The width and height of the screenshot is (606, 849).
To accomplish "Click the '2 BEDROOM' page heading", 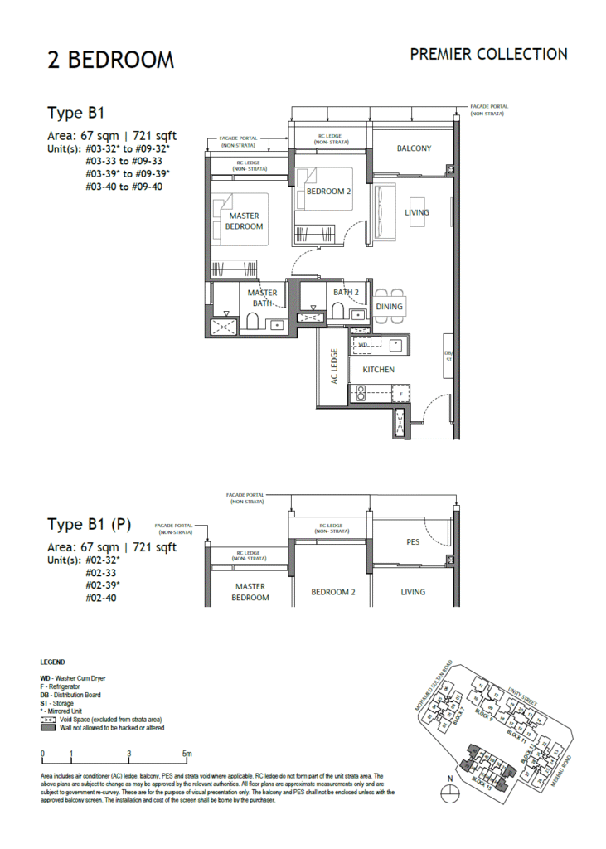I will point(110,60).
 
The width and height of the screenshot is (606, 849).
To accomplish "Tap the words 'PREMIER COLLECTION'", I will point(488,54).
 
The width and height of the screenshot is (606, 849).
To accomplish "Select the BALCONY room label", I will point(414,148).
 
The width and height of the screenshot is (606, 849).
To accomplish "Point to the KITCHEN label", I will point(378,369).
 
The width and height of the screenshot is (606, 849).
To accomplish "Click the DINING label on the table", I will point(389,307).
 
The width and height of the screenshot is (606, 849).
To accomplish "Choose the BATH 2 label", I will point(346,292).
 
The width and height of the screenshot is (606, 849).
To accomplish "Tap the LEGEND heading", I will point(52,663).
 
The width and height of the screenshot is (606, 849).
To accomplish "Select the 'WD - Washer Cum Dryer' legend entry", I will point(73,678).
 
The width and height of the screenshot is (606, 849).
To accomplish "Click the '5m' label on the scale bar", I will point(187,753).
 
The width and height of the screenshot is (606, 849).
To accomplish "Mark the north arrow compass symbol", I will point(450,791).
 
